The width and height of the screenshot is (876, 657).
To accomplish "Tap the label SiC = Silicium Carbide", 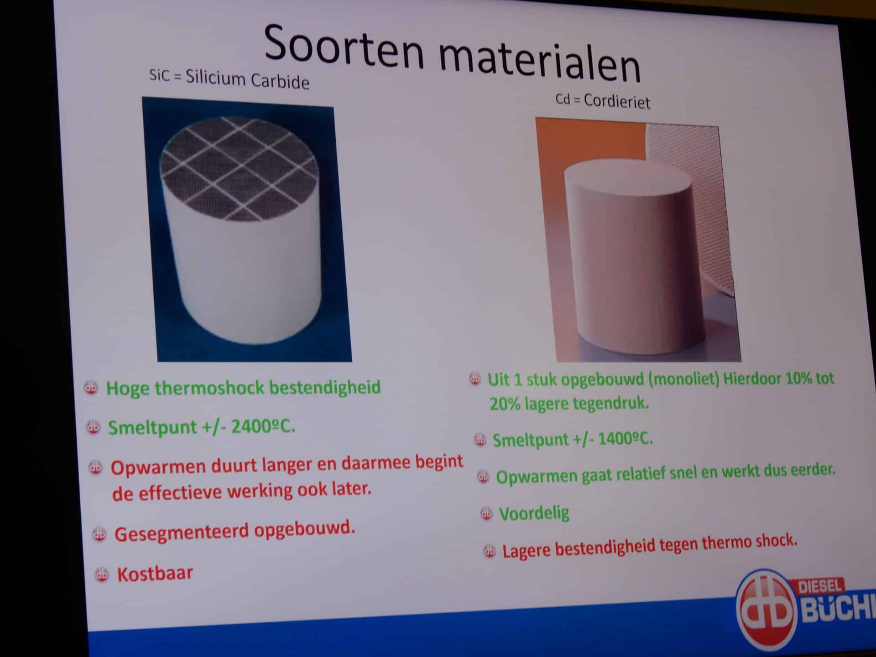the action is click(x=229, y=78).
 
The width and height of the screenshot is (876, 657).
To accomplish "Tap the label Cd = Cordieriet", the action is click(x=603, y=100).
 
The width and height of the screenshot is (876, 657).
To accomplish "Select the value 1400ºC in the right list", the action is click(x=626, y=439).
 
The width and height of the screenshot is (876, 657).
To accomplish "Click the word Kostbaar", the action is click(x=155, y=574).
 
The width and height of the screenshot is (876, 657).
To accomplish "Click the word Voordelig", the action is click(x=534, y=514).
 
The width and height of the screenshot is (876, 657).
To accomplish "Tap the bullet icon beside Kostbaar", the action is click(x=101, y=574).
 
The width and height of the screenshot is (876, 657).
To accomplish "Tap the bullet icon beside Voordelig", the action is click(x=486, y=514).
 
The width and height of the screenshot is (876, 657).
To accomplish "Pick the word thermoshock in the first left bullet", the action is click(x=209, y=388).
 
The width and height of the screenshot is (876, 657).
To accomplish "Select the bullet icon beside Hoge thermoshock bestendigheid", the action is click(x=91, y=388).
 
